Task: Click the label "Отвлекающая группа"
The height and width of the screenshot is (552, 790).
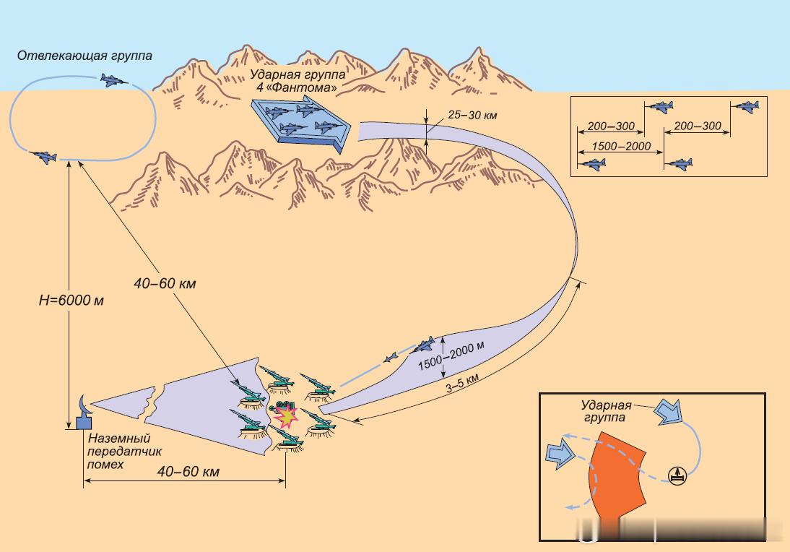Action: tap(84, 56)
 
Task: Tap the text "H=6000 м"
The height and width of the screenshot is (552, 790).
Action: tap(71, 301)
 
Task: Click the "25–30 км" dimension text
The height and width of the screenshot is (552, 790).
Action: tap(473, 114)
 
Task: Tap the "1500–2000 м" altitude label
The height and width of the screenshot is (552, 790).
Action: tap(451, 355)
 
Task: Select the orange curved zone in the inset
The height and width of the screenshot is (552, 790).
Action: tap(617, 473)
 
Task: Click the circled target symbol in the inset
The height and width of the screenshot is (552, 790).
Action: tap(677, 475)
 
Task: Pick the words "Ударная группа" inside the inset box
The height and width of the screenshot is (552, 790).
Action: tap(607, 411)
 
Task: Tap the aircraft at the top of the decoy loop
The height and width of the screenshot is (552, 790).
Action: tap(113, 80)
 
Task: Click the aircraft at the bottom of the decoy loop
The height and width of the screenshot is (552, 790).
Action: tap(44, 156)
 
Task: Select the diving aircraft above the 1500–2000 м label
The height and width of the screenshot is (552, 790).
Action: tap(423, 344)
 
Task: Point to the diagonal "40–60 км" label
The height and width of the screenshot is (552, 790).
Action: tap(165, 284)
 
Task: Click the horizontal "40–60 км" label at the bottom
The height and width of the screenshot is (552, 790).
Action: tap(188, 472)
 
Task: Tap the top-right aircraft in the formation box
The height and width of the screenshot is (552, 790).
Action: tap(746, 106)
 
